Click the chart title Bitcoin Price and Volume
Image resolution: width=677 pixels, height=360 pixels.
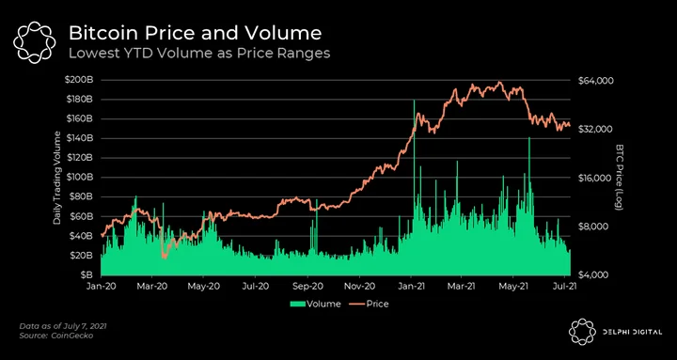coord(196,34)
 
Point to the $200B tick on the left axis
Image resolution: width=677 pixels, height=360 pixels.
coord(79,80)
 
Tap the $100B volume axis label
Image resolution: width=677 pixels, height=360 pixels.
coord(79,178)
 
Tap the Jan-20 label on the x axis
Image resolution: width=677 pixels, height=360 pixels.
coord(101,286)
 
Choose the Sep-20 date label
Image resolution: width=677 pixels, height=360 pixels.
coord(307,286)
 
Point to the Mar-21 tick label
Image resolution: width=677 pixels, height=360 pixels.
coord(461,286)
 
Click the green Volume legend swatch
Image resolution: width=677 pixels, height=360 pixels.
coord(297,305)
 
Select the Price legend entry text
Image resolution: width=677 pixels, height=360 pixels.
coord(377,304)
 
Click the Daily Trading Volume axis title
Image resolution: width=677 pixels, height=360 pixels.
coord(56,179)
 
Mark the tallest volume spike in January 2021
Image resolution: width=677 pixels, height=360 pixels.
coord(414,101)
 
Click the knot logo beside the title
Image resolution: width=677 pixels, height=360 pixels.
coord(34,42)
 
